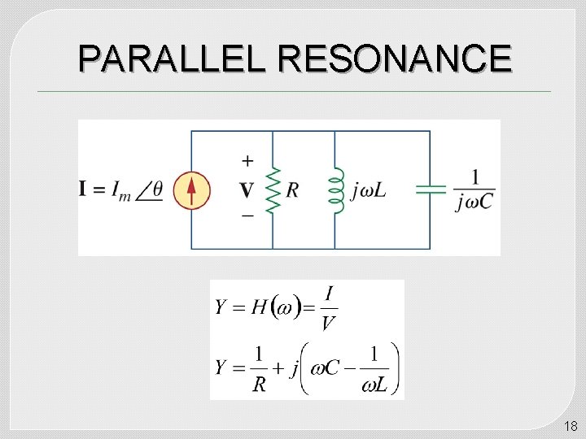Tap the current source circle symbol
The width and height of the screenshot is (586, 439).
[x=191, y=190]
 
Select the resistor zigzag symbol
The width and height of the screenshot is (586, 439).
[x=272, y=190]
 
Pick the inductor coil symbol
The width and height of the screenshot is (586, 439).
[x=335, y=190]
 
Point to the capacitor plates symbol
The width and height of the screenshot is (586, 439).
[x=431, y=189]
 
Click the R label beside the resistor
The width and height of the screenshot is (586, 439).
[x=292, y=190]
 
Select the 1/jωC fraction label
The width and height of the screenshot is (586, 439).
[x=474, y=189]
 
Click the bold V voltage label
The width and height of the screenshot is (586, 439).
[x=247, y=190]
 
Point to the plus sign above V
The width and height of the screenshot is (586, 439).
[x=247, y=160]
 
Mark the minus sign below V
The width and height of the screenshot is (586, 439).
[x=247, y=215]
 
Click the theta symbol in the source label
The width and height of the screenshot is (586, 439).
[x=157, y=190]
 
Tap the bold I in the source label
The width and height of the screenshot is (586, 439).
[x=83, y=190]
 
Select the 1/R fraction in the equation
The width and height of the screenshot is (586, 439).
[x=259, y=368]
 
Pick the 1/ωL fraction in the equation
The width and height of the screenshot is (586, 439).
[x=374, y=368]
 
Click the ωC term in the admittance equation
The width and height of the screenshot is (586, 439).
[x=321, y=368]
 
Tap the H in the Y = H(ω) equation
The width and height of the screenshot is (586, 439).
[x=259, y=307]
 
